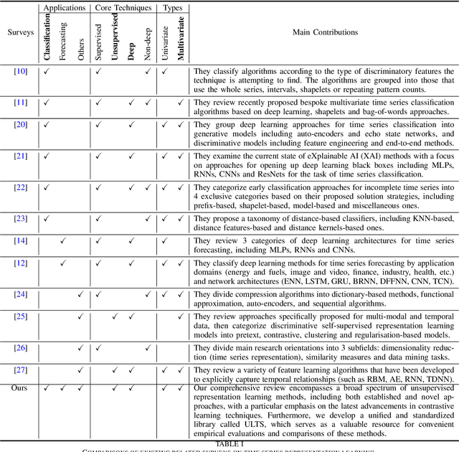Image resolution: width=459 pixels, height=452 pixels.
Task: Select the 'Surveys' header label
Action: (19, 32)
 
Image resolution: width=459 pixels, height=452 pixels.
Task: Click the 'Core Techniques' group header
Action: (123, 8)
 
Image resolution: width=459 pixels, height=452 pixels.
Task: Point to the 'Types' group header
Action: (173, 8)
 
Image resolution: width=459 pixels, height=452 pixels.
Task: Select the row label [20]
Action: (20, 126)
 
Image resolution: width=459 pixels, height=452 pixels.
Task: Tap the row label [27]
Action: (20, 370)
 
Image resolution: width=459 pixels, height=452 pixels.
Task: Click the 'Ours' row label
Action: (20, 388)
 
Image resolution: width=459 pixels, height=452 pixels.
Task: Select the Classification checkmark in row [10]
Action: (46, 72)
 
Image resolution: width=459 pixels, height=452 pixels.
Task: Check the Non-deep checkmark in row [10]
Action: (148, 72)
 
